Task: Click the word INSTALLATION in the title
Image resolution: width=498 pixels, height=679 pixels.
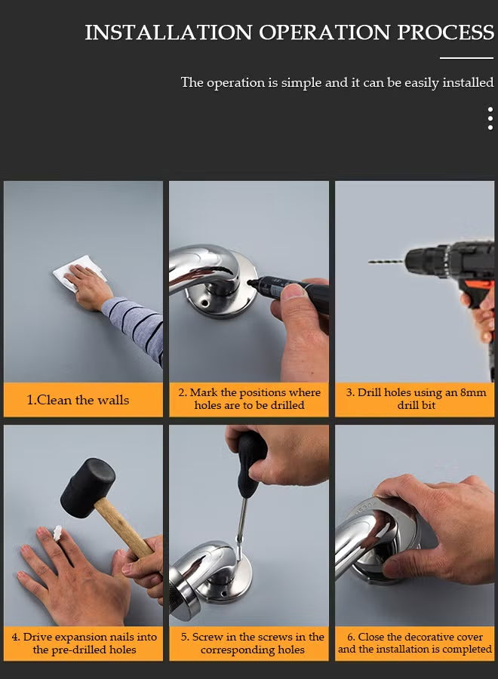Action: (x=168, y=32)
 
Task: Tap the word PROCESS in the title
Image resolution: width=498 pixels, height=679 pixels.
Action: (x=446, y=32)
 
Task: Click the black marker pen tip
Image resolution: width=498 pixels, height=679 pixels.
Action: (x=251, y=282)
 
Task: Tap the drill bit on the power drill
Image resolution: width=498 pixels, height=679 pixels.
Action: (x=387, y=262)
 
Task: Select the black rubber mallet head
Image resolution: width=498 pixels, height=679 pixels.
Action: (x=88, y=487)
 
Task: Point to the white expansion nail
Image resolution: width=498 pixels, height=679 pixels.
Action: (x=57, y=533)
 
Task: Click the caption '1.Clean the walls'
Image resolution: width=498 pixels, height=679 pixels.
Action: (x=78, y=400)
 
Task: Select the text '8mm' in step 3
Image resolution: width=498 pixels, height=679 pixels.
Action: (x=473, y=392)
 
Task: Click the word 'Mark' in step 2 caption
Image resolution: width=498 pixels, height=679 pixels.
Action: (x=204, y=392)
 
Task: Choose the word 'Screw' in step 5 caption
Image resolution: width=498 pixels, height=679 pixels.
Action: (x=207, y=637)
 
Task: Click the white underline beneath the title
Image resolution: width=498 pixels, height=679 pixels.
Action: (x=466, y=57)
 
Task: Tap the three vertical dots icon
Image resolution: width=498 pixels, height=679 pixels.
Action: (x=490, y=118)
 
